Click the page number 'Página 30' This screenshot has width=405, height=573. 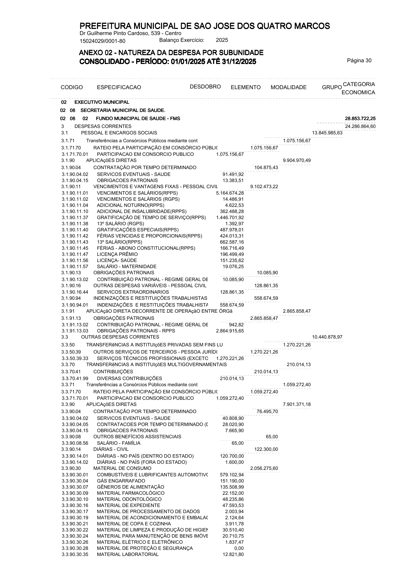point(359,61)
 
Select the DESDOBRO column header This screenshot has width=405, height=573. point(205,86)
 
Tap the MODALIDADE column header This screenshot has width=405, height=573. point(288,87)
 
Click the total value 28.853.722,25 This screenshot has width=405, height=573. point(360,118)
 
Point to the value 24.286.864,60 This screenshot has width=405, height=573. point(360,126)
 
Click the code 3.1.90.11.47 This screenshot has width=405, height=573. point(75,254)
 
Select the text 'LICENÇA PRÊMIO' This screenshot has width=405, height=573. point(117,254)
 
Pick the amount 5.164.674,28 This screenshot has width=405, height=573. point(230,193)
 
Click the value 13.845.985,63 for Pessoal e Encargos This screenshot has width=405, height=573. point(327,133)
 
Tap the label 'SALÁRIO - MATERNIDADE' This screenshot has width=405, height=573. point(127,266)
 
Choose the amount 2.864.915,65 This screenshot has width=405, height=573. point(230,331)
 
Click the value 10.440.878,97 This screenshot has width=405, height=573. point(327,337)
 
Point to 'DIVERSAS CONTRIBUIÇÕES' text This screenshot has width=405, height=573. point(129,378)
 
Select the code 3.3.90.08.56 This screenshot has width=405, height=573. point(75,443)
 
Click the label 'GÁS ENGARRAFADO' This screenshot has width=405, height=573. point(121,481)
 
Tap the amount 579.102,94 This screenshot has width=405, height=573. point(232,475)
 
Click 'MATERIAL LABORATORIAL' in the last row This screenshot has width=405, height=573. point(128,554)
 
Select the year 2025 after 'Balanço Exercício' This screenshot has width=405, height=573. point(222,40)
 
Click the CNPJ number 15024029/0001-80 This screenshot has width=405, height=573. point(102,41)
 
